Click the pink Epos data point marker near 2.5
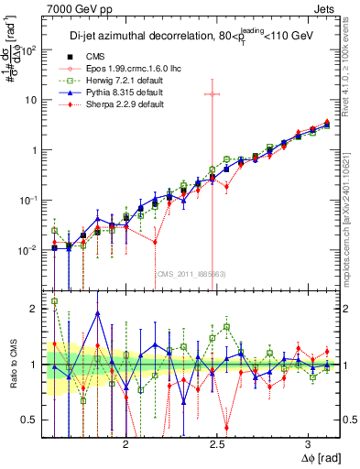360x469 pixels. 213,93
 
